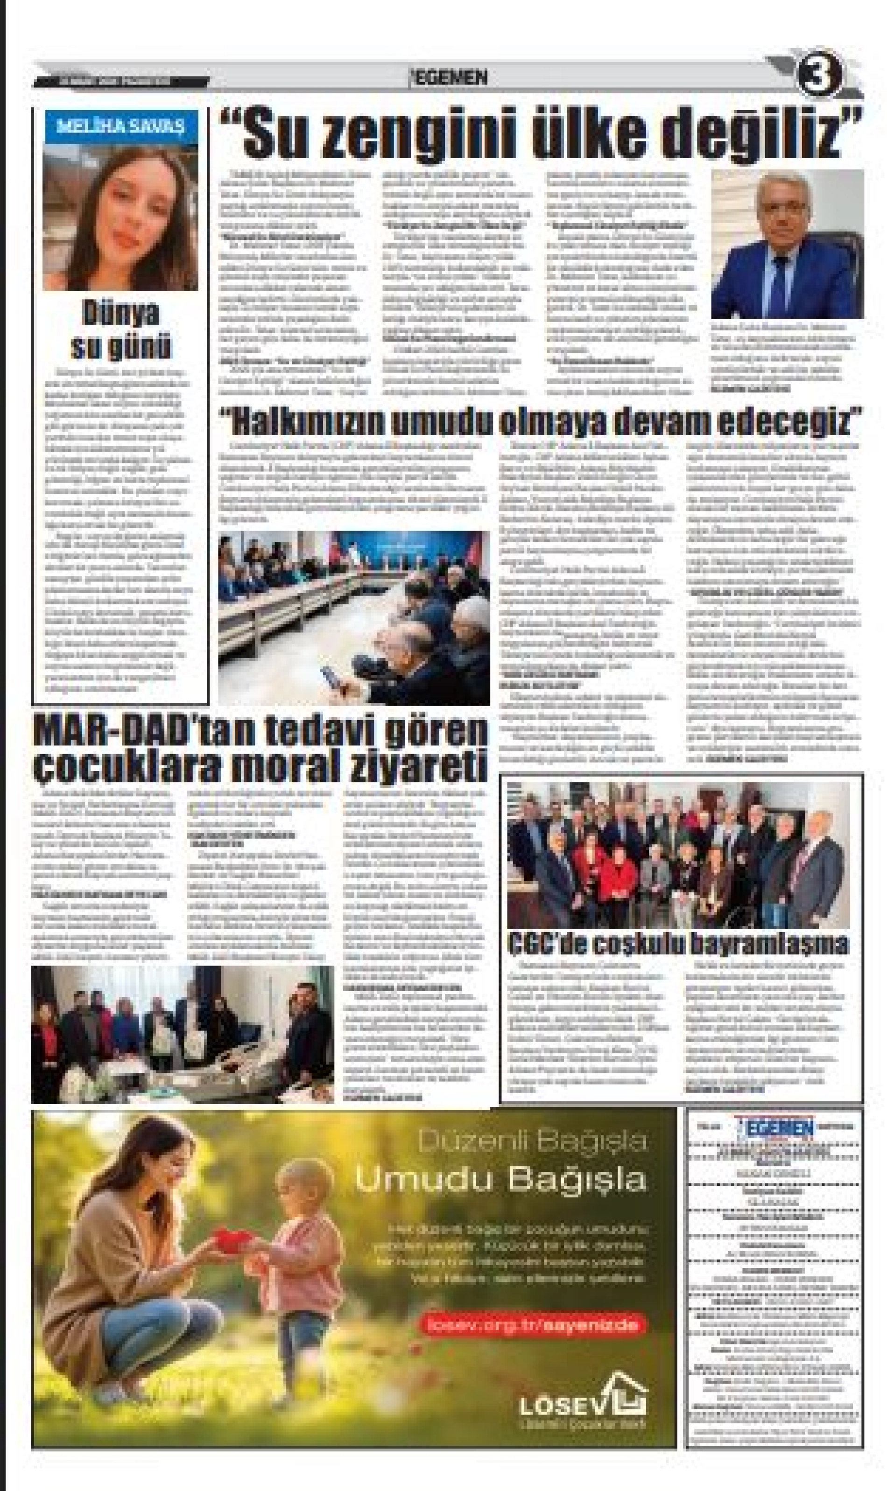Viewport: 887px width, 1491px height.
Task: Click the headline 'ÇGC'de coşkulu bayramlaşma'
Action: [678, 943]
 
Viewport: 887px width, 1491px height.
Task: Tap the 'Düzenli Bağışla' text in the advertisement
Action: [532, 1141]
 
